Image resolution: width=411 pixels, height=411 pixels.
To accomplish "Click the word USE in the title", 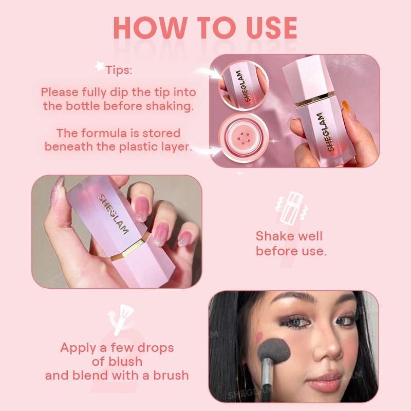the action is pyautogui.click(x=272, y=28).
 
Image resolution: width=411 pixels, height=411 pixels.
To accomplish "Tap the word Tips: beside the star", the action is pyautogui.click(x=119, y=70).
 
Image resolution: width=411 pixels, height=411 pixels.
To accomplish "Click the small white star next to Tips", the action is pyautogui.click(x=99, y=66).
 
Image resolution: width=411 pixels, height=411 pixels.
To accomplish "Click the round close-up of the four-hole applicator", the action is pyautogui.click(x=244, y=138).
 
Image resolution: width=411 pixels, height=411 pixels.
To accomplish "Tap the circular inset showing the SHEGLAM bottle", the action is pyautogui.click(x=244, y=86).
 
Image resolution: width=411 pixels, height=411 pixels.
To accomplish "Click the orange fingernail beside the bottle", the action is pyautogui.click(x=349, y=110).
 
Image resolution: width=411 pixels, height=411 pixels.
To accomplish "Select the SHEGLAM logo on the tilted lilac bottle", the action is pyautogui.click(x=113, y=214).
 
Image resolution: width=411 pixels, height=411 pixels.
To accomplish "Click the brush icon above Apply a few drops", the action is pyautogui.click(x=121, y=319).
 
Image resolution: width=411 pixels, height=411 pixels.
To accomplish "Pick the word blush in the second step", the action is pyautogui.click(x=125, y=362).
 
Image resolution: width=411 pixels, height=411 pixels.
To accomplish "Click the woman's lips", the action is pyautogui.click(x=323, y=382).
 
